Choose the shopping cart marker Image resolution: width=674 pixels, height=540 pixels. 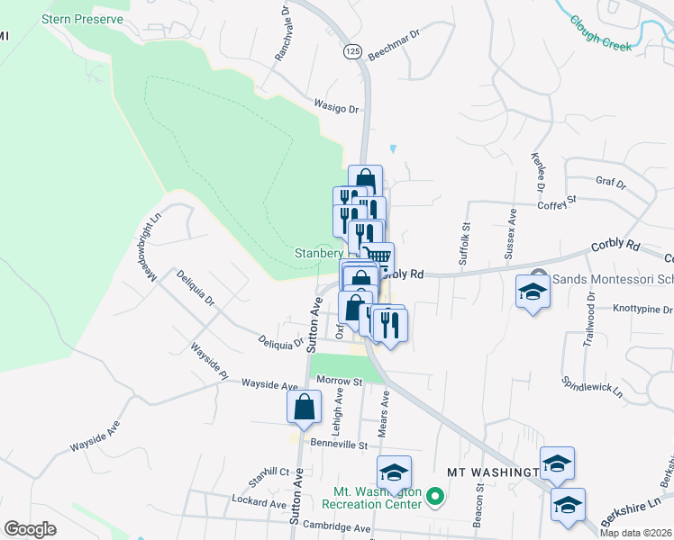coord(380,258)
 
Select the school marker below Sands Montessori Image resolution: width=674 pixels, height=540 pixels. coord(533,293)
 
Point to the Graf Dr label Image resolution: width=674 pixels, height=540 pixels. coord(611,183)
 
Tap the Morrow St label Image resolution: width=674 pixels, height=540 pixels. coord(338,382)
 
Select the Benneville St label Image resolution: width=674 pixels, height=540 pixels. coord(340,444)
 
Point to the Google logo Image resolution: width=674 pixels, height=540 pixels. coord(31,529)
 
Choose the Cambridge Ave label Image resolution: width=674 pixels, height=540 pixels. coord(337,526)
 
